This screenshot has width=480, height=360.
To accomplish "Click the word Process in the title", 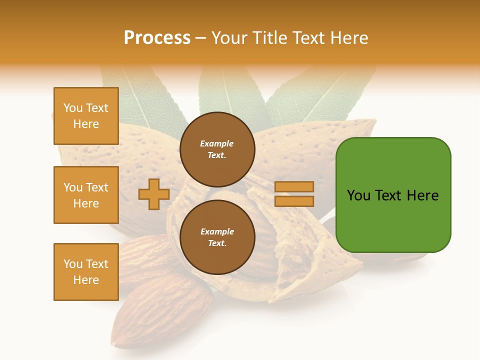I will pyautogui.click(x=157, y=38).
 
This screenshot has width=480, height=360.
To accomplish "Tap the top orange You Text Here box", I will pyautogui.click(x=86, y=116).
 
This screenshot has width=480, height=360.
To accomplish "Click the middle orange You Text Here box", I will pyautogui.click(x=86, y=195).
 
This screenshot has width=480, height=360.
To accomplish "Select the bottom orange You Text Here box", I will pyautogui.click(x=86, y=272).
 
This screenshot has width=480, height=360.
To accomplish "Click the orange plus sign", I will pyautogui.click(x=154, y=194).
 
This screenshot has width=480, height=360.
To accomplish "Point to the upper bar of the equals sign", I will pyautogui.click(x=294, y=186).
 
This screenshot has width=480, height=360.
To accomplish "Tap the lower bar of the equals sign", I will pyautogui.click(x=294, y=201).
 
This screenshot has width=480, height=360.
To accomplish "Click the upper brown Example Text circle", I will pyautogui.click(x=217, y=149).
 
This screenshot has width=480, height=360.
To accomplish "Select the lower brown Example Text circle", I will pyautogui.click(x=217, y=237).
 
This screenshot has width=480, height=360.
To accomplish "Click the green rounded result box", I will pyautogui.click(x=393, y=220).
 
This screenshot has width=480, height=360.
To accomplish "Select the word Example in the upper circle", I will pyautogui.click(x=216, y=143).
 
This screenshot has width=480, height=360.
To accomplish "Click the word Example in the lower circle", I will pyautogui.click(x=217, y=231).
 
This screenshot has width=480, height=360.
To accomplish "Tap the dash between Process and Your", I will pyautogui.click(x=201, y=38).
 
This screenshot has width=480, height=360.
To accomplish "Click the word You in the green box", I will pyautogui.click(x=358, y=195).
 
